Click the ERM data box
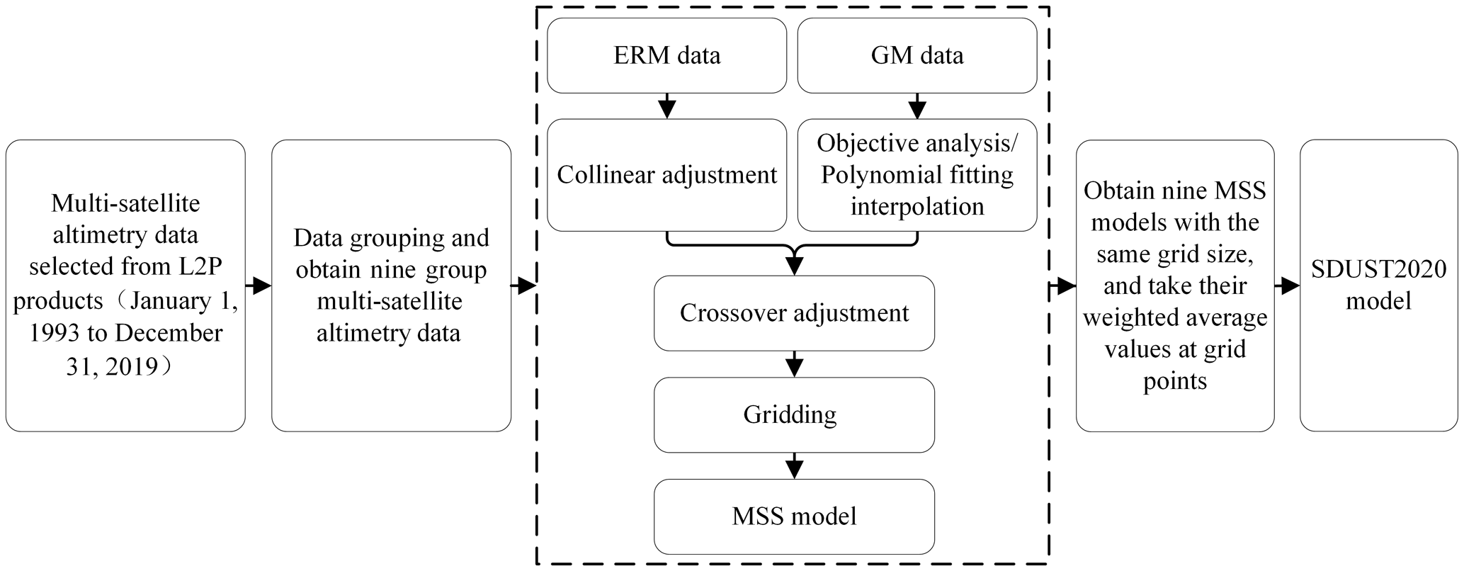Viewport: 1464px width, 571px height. pyautogui.click(x=666, y=55)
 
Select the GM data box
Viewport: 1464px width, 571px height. pyautogui.click(x=917, y=55)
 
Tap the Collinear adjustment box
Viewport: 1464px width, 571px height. pyautogui.click(x=666, y=175)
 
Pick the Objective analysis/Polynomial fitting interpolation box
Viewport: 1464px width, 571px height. pyautogui.click(x=917, y=175)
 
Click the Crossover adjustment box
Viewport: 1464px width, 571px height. pyautogui.click(x=794, y=313)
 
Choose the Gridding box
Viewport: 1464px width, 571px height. pyautogui.click(x=794, y=414)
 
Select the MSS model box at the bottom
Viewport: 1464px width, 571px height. pyautogui.click(x=794, y=516)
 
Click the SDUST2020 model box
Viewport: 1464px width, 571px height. pyautogui.click(x=1378, y=285)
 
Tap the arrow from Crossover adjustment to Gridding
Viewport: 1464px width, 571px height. pyautogui.click(x=794, y=364)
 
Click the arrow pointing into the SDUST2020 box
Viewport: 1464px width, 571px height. pyautogui.click(x=1287, y=286)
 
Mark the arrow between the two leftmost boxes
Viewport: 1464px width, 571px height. pyautogui.click(x=259, y=286)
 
